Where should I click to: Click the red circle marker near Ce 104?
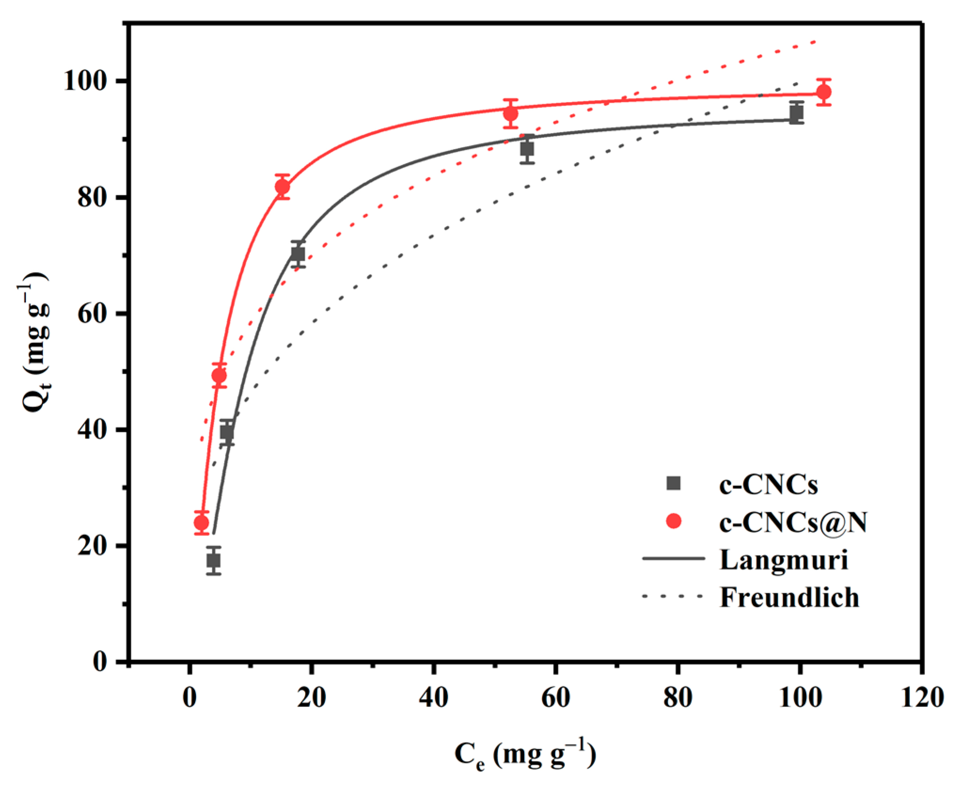pyautogui.click(x=823, y=92)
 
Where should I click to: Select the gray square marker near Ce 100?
pyautogui.click(x=796, y=113)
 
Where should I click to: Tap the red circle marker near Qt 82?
pyautogui.click(x=282, y=187)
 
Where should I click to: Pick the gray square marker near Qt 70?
pyautogui.click(x=298, y=254)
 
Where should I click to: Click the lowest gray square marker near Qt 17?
pyautogui.click(x=214, y=561)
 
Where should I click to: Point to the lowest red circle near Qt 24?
pyautogui.click(x=201, y=523)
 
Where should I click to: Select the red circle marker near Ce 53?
pyautogui.click(x=510, y=114)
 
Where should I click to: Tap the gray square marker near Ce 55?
pyautogui.click(x=527, y=149)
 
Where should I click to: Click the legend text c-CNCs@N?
pyautogui.click(x=793, y=523)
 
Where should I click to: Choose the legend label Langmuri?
pyautogui.click(x=784, y=560)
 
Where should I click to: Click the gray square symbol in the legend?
pyautogui.click(x=674, y=483)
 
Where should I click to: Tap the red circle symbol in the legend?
pyautogui.click(x=674, y=521)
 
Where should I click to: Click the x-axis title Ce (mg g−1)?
pyautogui.click(x=525, y=754)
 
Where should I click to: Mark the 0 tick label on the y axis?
pyautogui.click(x=100, y=662)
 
